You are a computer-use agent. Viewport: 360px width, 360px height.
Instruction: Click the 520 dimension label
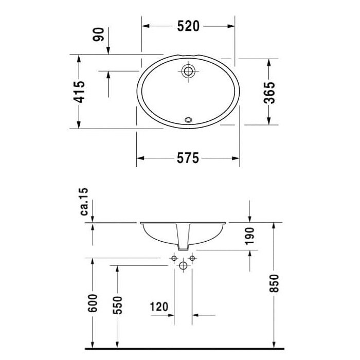(x=188, y=26)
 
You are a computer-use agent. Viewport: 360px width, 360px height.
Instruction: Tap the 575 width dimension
(x=188, y=158)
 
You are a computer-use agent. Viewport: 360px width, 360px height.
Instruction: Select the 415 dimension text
(x=78, y=92)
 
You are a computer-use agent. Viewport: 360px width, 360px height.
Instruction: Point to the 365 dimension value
(x=269, y=92)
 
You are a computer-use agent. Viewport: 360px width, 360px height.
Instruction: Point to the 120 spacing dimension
(x=159, y=307)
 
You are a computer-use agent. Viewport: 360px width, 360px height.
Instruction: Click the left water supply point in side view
(x=174, y=258)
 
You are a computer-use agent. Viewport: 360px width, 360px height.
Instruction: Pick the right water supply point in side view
(x=192, y=258)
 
